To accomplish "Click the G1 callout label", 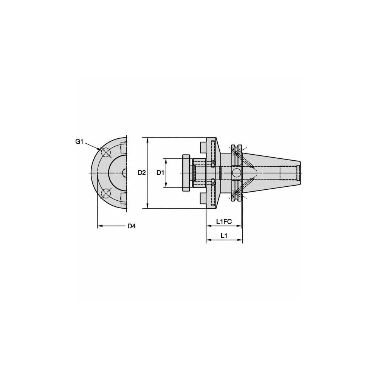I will (79, 141).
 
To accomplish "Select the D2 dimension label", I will (142, 173).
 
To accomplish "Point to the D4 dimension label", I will (131, 226).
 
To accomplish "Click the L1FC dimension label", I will (224, 221).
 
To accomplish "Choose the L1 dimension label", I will (224, 235).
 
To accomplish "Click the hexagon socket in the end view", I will (125, 173).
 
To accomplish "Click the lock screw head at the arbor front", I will (186, 173).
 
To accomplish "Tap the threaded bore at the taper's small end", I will (289, 173).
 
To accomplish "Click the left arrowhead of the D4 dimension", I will (99, 226).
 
